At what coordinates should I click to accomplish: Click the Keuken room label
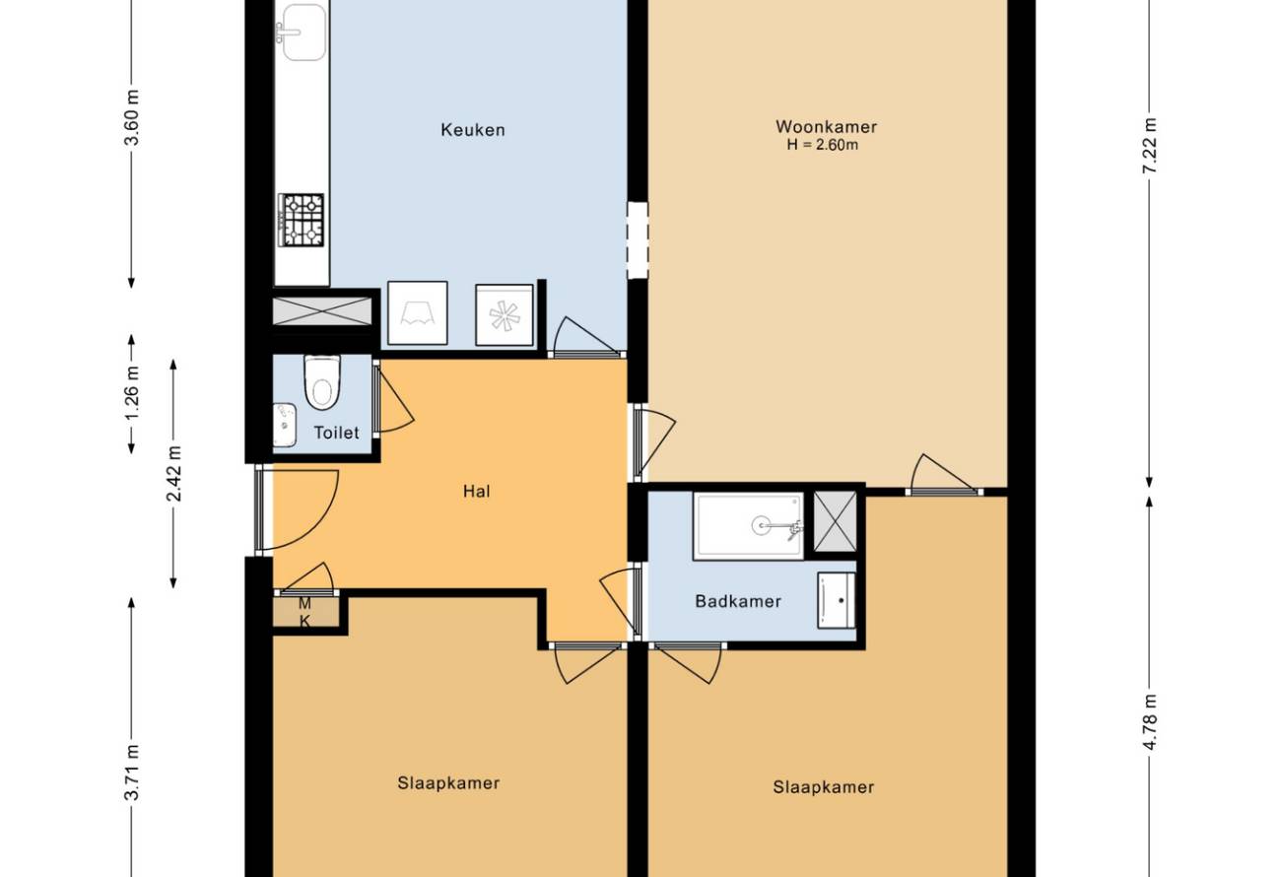click(472, 130)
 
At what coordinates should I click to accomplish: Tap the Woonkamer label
click(826, 126)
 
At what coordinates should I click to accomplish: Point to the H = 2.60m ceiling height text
click(823, 145)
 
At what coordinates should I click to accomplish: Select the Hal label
click(476, 491)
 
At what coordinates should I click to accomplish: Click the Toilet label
click(336, 433)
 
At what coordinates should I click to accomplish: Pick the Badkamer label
click(738, 601)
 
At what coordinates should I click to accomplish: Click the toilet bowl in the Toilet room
click(322, 382)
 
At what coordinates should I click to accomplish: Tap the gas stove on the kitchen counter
click(302, 220)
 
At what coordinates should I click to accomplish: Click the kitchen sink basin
click(304, 31)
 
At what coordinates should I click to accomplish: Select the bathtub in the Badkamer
click(749, 526)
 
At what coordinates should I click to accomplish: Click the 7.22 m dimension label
click(1150, 145)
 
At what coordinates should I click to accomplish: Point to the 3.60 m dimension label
click(131, 118)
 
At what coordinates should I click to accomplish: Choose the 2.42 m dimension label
click(173, 473)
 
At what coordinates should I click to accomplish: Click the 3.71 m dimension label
click(131, 773)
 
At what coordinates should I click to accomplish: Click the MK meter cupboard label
click(304, 612)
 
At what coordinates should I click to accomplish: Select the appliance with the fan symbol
click(505, 315)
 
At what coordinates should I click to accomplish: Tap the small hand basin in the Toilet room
click(284, 425)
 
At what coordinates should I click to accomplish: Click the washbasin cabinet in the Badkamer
click(836, 600)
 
